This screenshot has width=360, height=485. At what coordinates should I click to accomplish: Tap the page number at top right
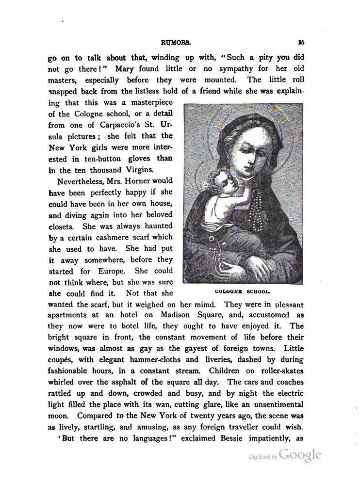pos(301,42)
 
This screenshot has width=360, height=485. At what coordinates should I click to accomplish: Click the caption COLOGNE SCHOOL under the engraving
pos(242,292)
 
